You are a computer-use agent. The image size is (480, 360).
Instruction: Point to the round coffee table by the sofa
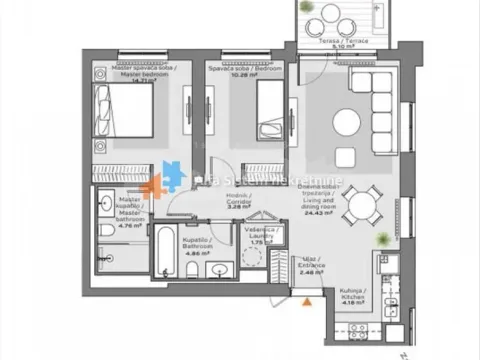click(347, 122)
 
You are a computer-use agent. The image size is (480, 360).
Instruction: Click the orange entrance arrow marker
click(308, 298)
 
